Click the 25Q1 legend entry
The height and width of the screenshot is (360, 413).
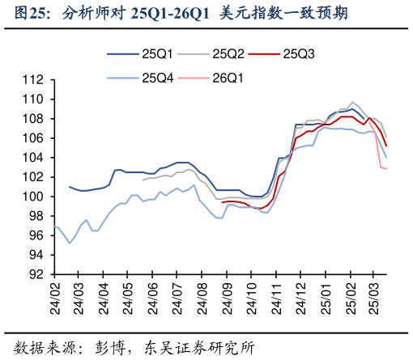[158, 54]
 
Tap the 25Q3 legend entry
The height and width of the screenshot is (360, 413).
[299, 54]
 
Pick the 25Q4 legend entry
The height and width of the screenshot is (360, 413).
[158, 78]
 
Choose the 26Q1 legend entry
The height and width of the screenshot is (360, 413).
[228, 78]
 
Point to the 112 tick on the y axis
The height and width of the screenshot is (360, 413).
[32, 80]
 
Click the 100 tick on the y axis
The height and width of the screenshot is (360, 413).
[32, 197]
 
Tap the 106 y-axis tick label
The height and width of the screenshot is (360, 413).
[32, 138]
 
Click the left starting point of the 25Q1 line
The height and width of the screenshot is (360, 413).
[70, 186]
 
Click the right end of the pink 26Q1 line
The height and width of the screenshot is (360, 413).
[386, 168]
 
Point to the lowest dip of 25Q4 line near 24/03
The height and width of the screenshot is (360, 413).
[70, 243]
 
